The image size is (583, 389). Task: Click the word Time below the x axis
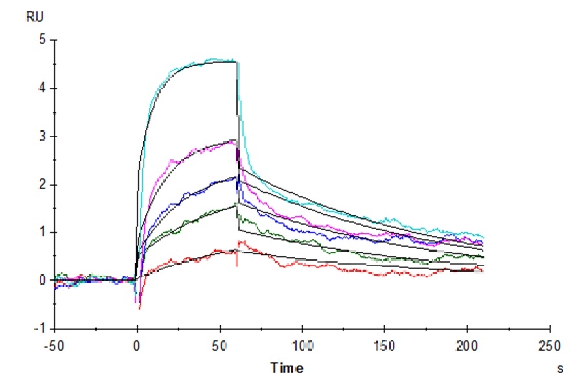(286, 368)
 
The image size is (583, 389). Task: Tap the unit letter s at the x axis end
(560, 368)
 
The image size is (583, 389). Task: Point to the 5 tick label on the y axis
(43, 40)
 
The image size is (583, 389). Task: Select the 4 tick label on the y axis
(43, 89)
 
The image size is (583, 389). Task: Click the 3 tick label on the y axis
(43, 137)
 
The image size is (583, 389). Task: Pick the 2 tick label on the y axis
(43, 185)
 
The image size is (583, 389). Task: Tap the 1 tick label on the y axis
(43, 233)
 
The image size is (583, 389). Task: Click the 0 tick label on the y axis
(43, 281)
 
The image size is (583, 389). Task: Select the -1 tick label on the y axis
(41, 329)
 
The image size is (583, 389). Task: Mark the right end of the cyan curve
(483, 237)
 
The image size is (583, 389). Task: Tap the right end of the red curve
(483, 271)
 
